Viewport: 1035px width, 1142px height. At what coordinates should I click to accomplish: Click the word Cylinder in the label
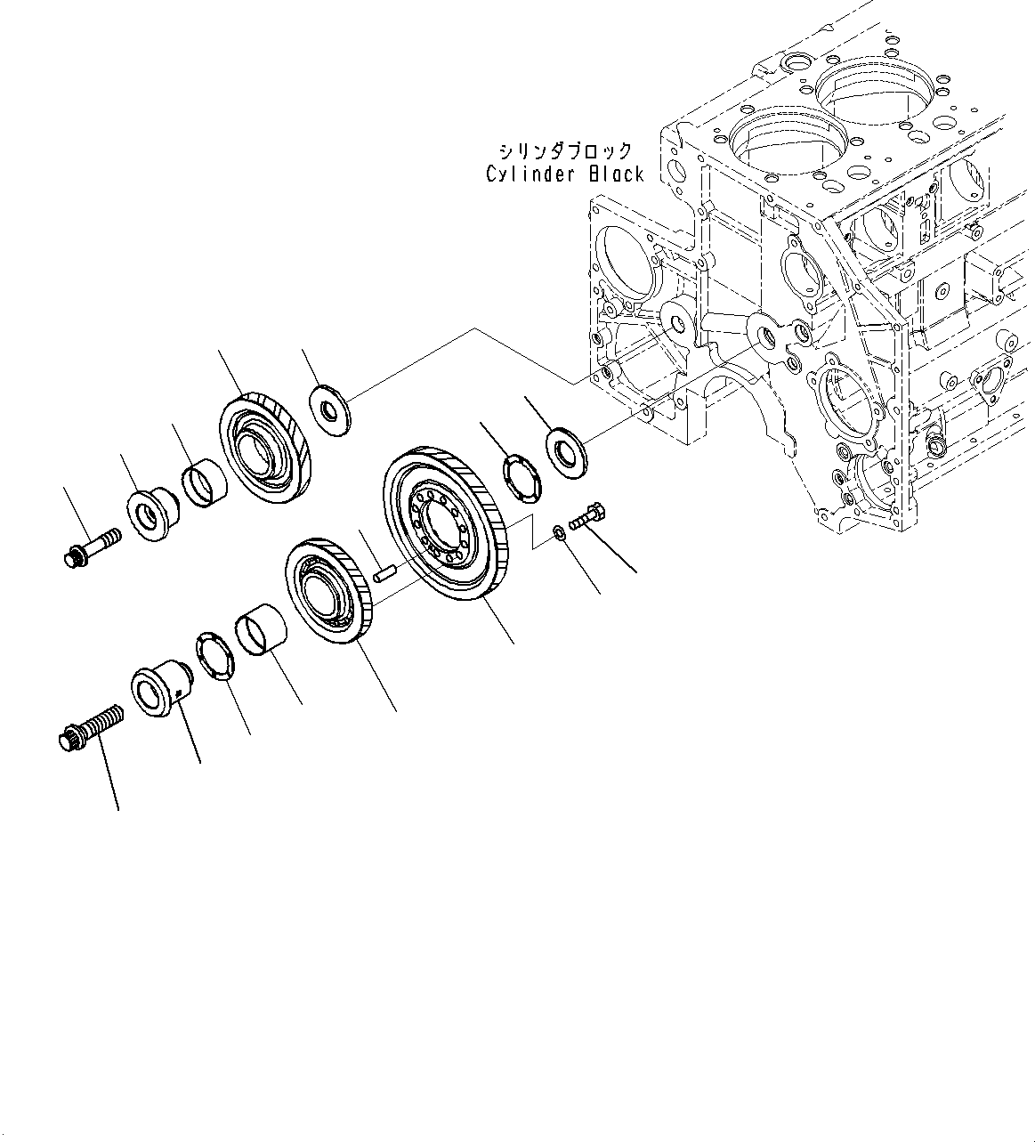tap(530, 174)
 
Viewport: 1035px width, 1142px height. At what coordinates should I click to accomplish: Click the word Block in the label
tap(615, 174)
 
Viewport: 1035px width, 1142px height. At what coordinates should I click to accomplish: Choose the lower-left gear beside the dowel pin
tap(327, 592)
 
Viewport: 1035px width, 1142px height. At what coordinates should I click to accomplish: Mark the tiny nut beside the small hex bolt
tap(557, 532)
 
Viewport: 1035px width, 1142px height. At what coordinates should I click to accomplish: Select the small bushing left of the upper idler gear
tap(203, 481)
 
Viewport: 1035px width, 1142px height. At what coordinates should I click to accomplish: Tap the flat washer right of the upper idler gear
tap(330, 409)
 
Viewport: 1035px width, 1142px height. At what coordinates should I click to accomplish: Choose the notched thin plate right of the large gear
tap(521, 478)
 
